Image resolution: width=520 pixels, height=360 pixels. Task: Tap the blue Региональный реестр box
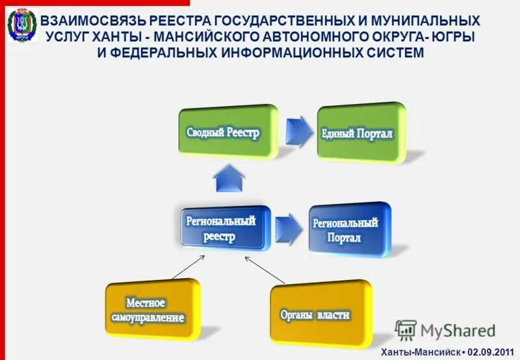coord(221,227)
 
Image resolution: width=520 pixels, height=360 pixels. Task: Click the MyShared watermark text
coord(458,331)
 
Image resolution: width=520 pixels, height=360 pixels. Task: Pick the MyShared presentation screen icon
coord(406,331)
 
